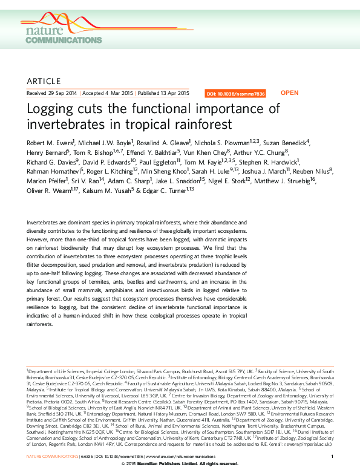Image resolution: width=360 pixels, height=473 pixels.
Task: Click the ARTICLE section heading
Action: pos(44,81)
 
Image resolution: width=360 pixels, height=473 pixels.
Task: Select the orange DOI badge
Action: pos(235,94)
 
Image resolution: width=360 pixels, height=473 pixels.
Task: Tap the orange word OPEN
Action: pos(290,93)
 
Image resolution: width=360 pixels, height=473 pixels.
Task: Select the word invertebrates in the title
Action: pos(66,125)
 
